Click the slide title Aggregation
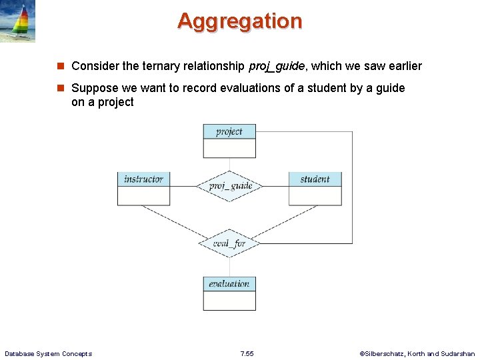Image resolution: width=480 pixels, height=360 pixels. pyautogui.click(x=239, y=21)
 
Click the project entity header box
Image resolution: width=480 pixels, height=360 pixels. pyautogui.click(x=229, y=131)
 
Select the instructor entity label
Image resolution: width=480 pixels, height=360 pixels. pyautogui.click(x=143, y=179)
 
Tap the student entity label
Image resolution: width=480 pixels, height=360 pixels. pyautogui.click(x=315, y=179)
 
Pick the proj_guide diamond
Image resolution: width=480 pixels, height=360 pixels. pyautogui.click(x=230, y=185)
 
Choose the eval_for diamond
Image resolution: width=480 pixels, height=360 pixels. pyautogui.click(x=229, y=243)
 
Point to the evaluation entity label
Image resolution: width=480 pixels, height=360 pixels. pyautogui.click(x=229, y=283)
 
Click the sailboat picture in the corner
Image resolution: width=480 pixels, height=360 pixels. pyautogui.click(x=18, y=21)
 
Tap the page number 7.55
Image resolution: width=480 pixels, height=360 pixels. pyautogui.click(x=246, y=353)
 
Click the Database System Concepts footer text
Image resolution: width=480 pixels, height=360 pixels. pyautogui.click(x=48, y=353)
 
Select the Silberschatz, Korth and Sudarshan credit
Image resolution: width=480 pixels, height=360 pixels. pyautogui.click(x=417, y=353)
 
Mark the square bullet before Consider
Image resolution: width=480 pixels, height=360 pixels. pyautogui.click(x=60, y=66)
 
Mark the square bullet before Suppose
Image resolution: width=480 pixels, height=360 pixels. pyautogui.click(x=60, y=88)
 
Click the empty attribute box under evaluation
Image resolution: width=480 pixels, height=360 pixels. pyautogui.click(x=229, y=301)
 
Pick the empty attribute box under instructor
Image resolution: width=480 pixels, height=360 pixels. pyautogui.click(x=143, y=195)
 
